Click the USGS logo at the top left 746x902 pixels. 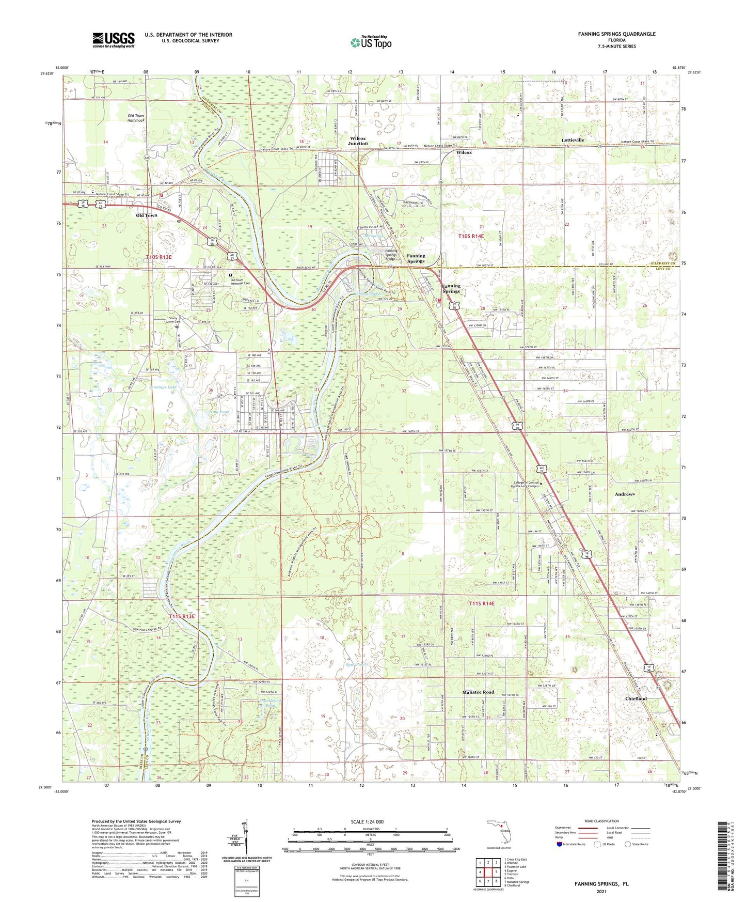[113, 40]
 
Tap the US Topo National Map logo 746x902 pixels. [371, 42]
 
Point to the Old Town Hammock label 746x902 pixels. [136, 118]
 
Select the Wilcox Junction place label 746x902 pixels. [358, 141]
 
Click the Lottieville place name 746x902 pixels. [573, 140]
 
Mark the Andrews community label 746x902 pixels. [624, 494]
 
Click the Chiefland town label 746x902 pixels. [635, 698]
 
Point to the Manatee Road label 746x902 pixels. [478, 692]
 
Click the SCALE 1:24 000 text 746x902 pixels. [367, 821]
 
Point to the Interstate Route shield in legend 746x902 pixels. [560, 844]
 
